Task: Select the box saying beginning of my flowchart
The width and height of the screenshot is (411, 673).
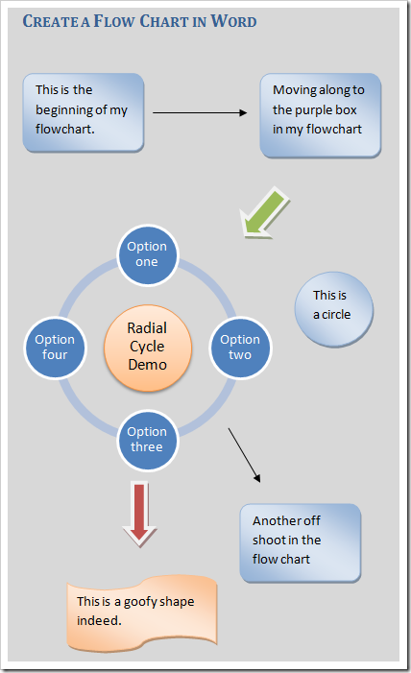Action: (83, 111)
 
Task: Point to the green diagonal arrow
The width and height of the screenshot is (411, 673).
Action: (265, 213)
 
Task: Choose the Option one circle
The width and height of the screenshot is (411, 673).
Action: (147, 254)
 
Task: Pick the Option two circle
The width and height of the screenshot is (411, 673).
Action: (240, 347)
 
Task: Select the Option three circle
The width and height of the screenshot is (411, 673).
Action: (147, 440)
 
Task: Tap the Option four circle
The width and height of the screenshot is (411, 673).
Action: (55, 347)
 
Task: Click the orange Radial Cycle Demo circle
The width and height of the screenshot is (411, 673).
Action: (147, 347)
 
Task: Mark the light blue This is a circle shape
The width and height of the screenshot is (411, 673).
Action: (331, 304)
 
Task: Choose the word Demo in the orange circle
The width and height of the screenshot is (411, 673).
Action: (147, 365)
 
